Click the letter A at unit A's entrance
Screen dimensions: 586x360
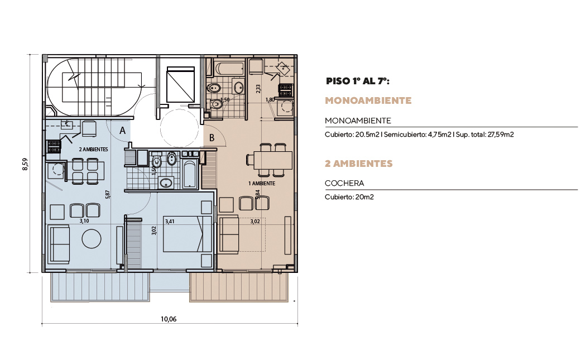122,131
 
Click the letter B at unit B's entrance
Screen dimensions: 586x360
212,138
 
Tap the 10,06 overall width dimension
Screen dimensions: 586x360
169,319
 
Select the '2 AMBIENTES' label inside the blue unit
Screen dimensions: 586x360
93,149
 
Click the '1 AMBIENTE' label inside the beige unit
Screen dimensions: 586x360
262,183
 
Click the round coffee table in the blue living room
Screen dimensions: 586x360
92,238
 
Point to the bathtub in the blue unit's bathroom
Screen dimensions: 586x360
190,174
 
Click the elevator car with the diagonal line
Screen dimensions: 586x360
180,84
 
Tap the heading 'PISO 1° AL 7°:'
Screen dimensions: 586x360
358,81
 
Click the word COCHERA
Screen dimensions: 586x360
344,183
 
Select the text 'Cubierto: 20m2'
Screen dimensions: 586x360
349,197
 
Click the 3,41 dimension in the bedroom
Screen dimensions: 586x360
170,222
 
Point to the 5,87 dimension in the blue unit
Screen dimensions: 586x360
108,194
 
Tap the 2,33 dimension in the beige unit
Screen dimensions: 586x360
258,89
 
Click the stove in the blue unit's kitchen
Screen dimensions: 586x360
54,146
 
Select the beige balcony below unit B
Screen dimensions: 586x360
239,287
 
